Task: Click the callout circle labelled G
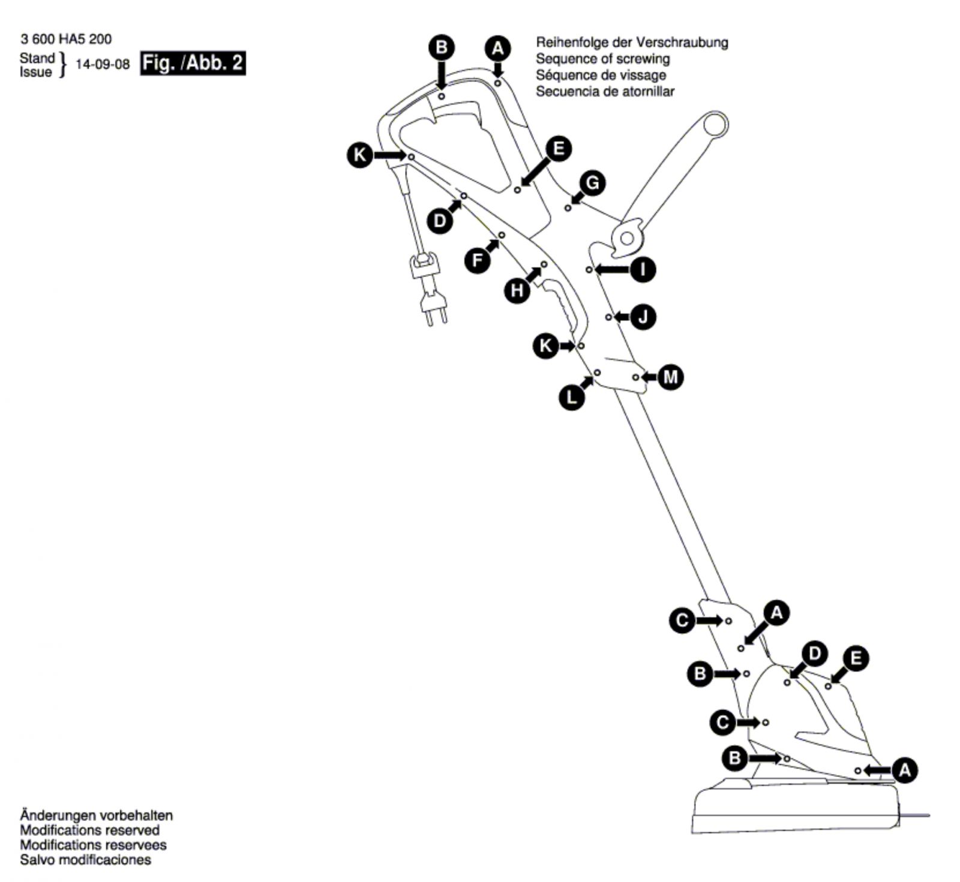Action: coord(592,183)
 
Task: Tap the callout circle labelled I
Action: coord(643,270)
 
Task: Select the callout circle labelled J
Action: coord(643,316)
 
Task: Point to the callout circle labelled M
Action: coord(671,377)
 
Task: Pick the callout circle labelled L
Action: coord(572,397)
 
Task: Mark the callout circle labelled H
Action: coord(517,291)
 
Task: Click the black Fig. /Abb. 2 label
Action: coord(193,63)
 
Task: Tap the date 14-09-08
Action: coord(103,64)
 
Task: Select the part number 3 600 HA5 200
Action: coord(66,40)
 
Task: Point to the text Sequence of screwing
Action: coord(602,59)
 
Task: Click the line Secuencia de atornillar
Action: coord(605,92)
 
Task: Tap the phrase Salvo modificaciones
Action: coord(85,860)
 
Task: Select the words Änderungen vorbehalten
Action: coord(96,815)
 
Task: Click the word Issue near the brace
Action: coord(36,73)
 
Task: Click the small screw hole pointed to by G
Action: coord(568,208)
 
